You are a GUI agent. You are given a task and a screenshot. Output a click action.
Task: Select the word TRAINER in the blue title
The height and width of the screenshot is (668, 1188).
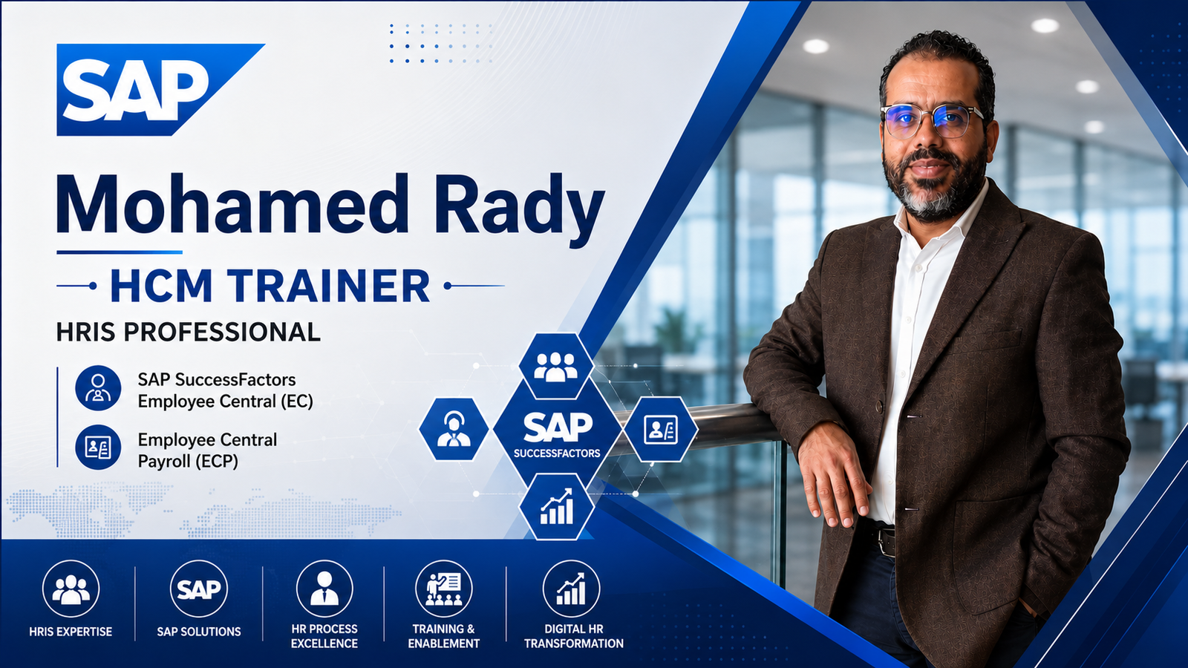[x=330, y=286]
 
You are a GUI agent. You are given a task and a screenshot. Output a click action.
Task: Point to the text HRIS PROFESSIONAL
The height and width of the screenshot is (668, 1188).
[x=189, y=333]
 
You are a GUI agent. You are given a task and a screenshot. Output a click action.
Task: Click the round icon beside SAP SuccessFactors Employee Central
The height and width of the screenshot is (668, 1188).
[x=98, y=388]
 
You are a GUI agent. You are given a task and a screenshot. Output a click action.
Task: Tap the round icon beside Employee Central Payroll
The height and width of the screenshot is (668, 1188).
[x=98, y=448]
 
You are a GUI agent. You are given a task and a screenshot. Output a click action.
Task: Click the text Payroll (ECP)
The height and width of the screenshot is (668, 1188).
[x=188, y=462]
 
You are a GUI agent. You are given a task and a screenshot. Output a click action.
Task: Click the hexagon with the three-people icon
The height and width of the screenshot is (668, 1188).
[x=556, y=366]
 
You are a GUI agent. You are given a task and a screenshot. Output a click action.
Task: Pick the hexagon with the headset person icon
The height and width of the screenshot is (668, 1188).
[x=454, y=429]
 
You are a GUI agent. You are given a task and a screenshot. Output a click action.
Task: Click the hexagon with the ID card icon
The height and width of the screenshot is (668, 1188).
[x=660, y=429]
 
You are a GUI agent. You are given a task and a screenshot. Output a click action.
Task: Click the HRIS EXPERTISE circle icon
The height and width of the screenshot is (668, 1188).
[x=71, y=589]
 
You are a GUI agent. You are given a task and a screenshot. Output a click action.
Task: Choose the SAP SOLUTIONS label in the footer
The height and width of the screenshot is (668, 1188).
[x=199, y=632]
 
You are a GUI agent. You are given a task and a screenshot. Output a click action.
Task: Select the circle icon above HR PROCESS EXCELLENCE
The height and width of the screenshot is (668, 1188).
[x=324, y=589]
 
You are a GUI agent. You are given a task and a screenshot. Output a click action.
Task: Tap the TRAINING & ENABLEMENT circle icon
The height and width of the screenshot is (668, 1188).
[x=444, y=589]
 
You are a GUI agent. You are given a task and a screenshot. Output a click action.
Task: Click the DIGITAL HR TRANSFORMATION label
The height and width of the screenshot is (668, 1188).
[x=574, y=636]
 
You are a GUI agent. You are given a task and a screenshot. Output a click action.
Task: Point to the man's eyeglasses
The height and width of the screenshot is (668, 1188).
[x=932, y=120]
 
